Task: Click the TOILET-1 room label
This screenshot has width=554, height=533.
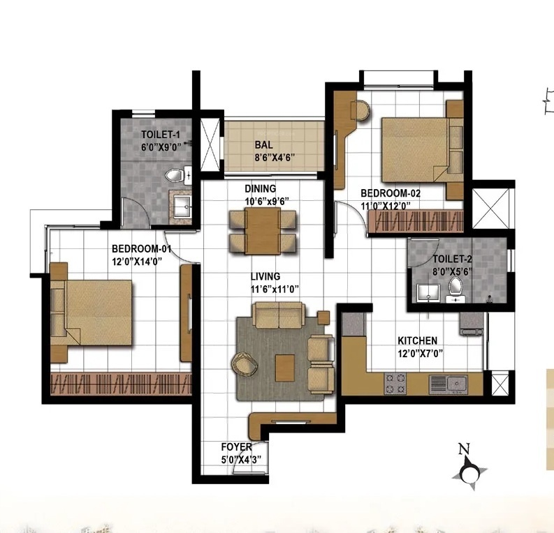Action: coord(161,135)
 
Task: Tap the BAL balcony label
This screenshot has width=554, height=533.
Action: coord(264,145)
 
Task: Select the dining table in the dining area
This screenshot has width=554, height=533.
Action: coord(263,231)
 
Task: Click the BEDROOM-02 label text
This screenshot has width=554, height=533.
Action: coord(391,193)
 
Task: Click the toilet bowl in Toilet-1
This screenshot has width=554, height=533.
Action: coord(174,175)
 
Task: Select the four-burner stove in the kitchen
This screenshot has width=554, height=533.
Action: coord(395,384)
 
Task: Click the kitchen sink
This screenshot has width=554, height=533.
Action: coord(457,383)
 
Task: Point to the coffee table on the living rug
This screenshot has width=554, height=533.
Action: coord(285,368)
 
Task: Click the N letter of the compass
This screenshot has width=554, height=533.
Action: coord(464,449)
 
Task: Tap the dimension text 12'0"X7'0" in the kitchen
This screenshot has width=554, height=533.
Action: coord(421,353)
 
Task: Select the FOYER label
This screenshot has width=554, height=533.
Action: coord(237,447)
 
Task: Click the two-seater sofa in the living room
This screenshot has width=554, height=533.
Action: coord(279,315)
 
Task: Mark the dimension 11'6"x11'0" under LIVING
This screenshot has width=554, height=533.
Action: coord(275,290)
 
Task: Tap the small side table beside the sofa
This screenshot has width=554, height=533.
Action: coord(323,317)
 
